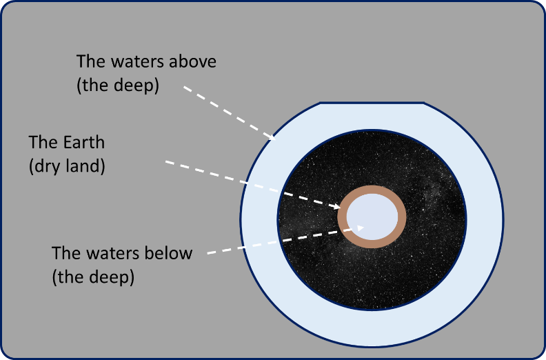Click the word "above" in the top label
(192, 61)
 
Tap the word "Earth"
(84, 142)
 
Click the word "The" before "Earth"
(43, 142)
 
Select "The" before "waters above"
(90, 61)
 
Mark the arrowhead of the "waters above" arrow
(272, 137)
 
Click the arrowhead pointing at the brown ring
(336, 206)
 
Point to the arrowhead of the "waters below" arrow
(360, 228)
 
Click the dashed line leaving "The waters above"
(230, 113)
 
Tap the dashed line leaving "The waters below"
(285, 241)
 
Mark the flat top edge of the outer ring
(372, 103)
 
